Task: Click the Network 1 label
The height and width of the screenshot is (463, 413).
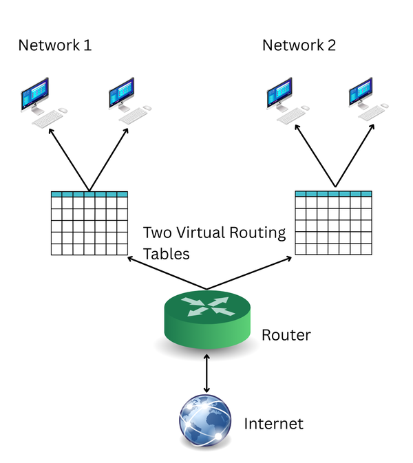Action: (x=54, y=45)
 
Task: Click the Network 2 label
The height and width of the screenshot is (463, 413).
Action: (x=299, y=45)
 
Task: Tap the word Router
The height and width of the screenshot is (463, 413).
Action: (x=286, y=335)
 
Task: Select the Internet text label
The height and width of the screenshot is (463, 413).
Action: (x=273, y=423)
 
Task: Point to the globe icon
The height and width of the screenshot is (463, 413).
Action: (x=205, y=422)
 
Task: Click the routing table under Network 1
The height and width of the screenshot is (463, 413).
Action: (x=89, y=224)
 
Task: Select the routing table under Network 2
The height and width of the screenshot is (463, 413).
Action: (x=333, y=224)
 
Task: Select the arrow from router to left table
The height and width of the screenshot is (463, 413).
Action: (x=165, y=273)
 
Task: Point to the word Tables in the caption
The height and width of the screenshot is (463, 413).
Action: (x=165, y=254)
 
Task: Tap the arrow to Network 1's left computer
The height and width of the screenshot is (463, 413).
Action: (x=68, y=158)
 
